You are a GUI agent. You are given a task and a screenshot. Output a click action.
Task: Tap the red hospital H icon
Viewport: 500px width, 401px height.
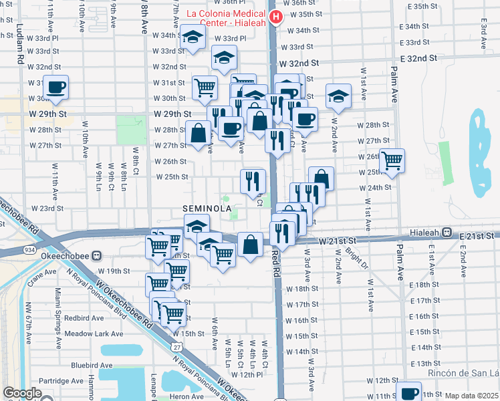point(274,17)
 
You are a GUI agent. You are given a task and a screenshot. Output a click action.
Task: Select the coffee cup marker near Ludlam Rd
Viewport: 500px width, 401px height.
point(55,88)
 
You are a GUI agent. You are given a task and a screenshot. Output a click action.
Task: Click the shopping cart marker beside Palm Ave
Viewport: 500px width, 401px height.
point(392,160)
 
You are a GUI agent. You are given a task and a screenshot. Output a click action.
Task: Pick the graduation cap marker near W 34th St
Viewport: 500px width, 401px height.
point(193,39)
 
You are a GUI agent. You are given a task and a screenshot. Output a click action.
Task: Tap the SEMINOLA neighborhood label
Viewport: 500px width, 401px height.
point(207,209)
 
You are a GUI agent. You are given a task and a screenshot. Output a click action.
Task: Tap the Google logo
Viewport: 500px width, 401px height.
point(22,393)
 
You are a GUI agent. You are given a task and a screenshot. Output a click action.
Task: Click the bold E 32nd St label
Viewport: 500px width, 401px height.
point(414,59)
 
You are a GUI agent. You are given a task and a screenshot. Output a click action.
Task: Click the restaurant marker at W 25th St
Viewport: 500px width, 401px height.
point(253,180)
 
